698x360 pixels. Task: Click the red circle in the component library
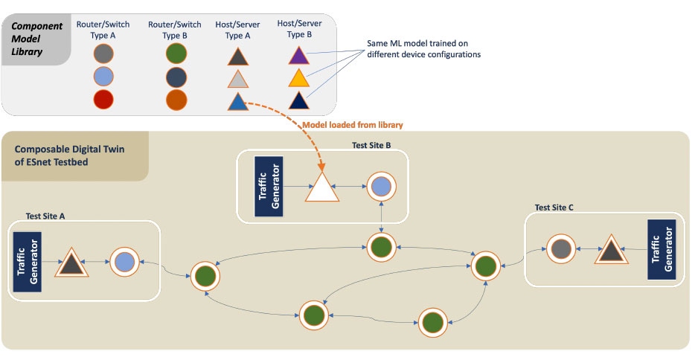click(x=104, y=100)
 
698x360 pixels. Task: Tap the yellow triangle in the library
click(x=298, y=77)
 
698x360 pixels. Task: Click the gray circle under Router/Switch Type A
click(x=104, y=54)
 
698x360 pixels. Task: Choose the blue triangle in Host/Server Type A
click(x=238, y=101)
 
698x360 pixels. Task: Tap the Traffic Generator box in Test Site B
click(x=269, y=186)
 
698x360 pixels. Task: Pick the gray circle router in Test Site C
click(x=560, y=248)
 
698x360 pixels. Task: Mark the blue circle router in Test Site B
click(x=380, y=187)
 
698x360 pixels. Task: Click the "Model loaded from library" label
click(x=351, y=124)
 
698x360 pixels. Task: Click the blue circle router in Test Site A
click(x=124, y=262)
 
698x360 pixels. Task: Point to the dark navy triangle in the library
click(x=298, y=100)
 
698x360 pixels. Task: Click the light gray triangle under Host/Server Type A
click(x=238, y=78)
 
